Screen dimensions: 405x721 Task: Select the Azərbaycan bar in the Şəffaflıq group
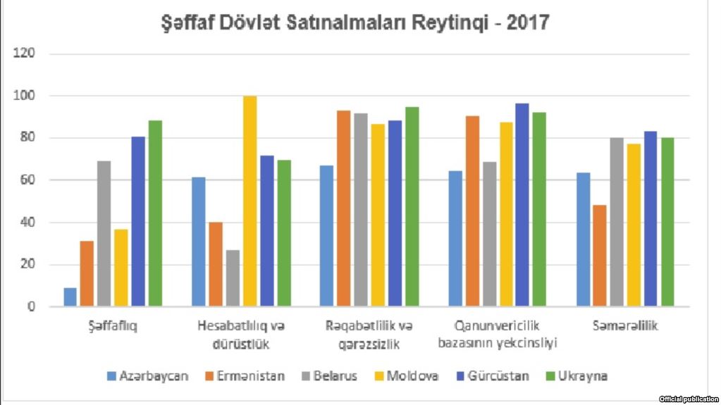[70, 297]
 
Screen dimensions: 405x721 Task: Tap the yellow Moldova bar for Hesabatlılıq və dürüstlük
[250, 201]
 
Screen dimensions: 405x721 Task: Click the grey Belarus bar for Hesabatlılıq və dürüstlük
[233, 278]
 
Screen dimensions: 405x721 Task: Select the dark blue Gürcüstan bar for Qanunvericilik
[522, 205]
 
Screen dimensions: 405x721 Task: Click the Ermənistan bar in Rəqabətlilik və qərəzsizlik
[343, 208]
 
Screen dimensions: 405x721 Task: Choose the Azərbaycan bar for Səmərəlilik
[583, 239]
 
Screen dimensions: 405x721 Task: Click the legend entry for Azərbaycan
[147, 376]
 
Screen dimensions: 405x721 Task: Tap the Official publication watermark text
[689, 399]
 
